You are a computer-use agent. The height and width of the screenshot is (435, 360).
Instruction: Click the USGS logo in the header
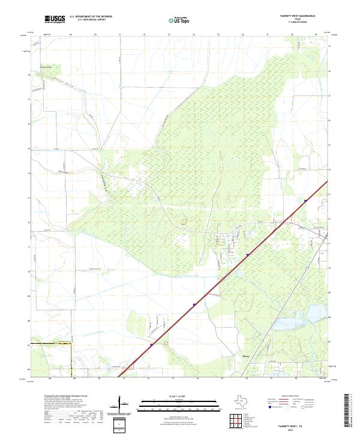coord(55,19)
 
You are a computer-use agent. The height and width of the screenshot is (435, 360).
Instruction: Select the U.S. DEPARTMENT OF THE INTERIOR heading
coord(91,17)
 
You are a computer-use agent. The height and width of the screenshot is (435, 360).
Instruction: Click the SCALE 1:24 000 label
coord(179,396)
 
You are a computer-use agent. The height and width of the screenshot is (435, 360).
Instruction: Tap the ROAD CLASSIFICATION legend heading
coord(290,397)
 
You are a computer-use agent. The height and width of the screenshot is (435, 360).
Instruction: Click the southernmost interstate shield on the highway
coord(151,345)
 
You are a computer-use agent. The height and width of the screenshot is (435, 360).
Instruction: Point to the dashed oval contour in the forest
coord(185,221)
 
